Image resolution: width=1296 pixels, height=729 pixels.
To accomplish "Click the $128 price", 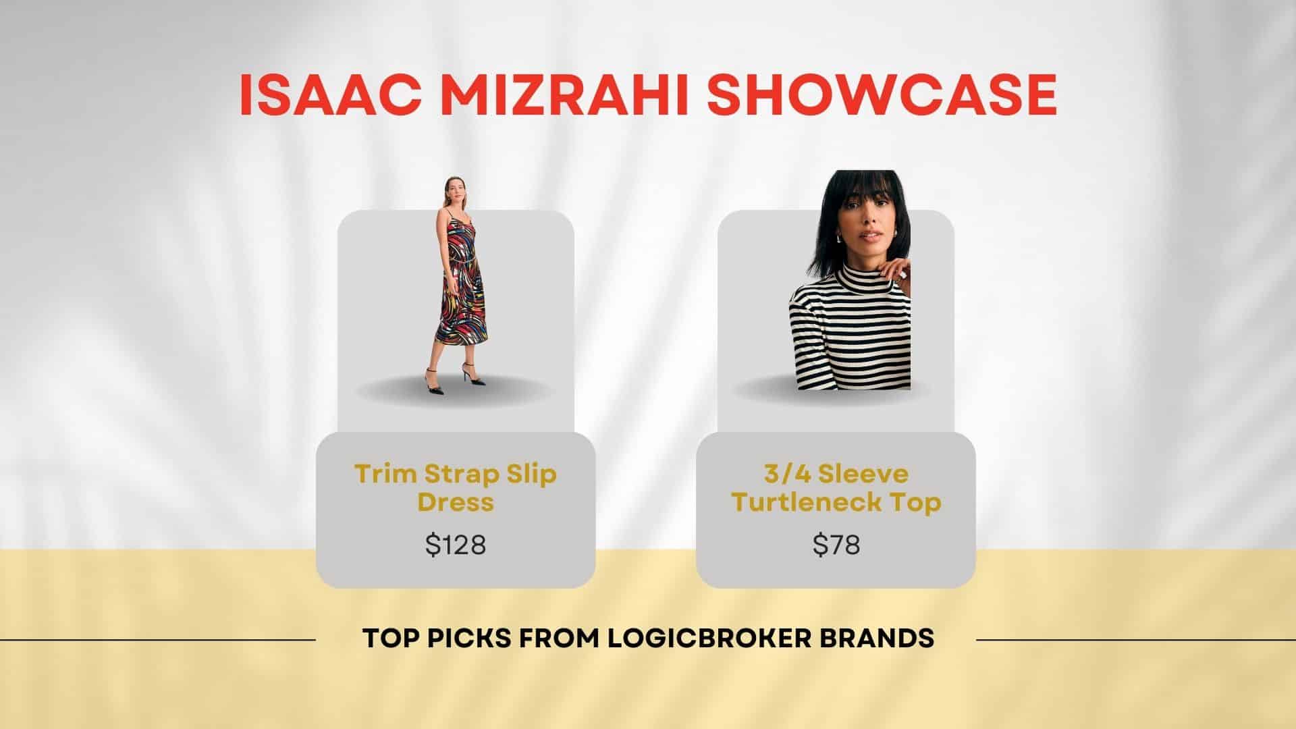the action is pyautogui.click(x=456, y=544).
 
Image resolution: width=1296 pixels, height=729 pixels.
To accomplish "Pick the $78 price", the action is pyautogui.click(x=836, y=544).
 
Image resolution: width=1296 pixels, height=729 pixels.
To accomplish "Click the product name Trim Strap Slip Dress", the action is pyautogui.click(x=456, y=487).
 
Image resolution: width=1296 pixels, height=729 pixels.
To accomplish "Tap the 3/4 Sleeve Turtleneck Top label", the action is pyautogui.click(x=836, y=487).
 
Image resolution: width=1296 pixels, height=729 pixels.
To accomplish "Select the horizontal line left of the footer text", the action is pyautogui.click(x=158, y=639).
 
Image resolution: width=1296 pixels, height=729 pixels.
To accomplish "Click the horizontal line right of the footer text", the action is pyautogui.click(x=1136, y=639).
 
